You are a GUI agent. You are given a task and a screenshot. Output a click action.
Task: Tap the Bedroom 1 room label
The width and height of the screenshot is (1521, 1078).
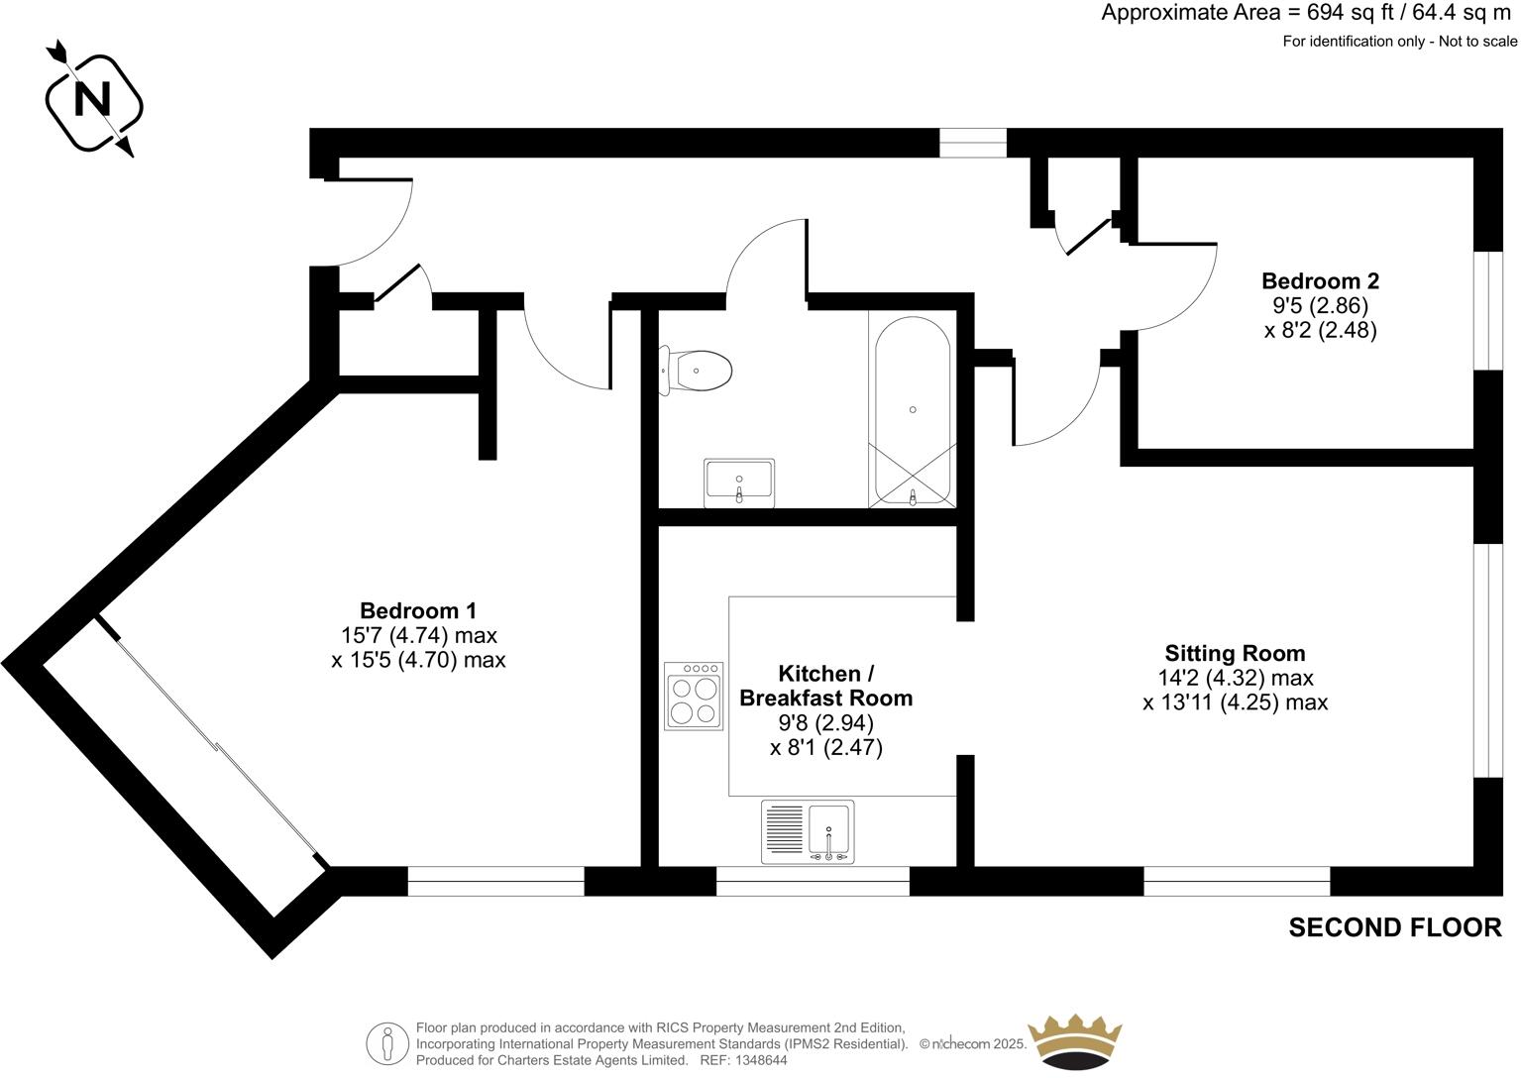(418, 611)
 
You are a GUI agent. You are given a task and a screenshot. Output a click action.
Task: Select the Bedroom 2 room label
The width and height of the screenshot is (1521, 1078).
(1320, 281)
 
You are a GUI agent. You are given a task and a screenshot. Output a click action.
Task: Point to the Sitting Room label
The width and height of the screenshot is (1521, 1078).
(1235, 654)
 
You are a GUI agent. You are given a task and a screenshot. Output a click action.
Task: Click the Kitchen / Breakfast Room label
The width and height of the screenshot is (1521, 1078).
(825, 686)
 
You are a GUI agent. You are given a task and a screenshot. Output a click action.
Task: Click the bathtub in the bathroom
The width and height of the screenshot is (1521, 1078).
(912, 410)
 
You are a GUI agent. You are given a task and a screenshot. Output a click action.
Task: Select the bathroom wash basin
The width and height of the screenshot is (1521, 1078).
(739, 483)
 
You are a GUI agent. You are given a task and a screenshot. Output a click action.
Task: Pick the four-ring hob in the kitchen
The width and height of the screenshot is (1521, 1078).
(694, 697)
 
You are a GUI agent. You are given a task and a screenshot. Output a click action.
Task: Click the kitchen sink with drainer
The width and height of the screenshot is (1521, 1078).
(808, 830)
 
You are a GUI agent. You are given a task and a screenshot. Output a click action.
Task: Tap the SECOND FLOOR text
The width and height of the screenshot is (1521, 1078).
(1394, 927)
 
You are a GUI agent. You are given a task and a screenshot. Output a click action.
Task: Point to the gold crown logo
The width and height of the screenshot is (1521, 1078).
(1075, 1042)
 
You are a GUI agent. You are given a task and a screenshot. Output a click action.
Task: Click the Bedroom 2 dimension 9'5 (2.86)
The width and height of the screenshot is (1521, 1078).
(1320, 306)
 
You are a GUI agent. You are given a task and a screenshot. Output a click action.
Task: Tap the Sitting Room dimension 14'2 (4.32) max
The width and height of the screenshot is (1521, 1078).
(1235, 679)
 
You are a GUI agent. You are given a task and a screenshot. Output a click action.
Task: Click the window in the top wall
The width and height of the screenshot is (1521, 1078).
(972, 144)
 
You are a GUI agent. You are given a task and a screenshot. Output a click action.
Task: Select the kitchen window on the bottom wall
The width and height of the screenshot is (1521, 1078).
(813, 881)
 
